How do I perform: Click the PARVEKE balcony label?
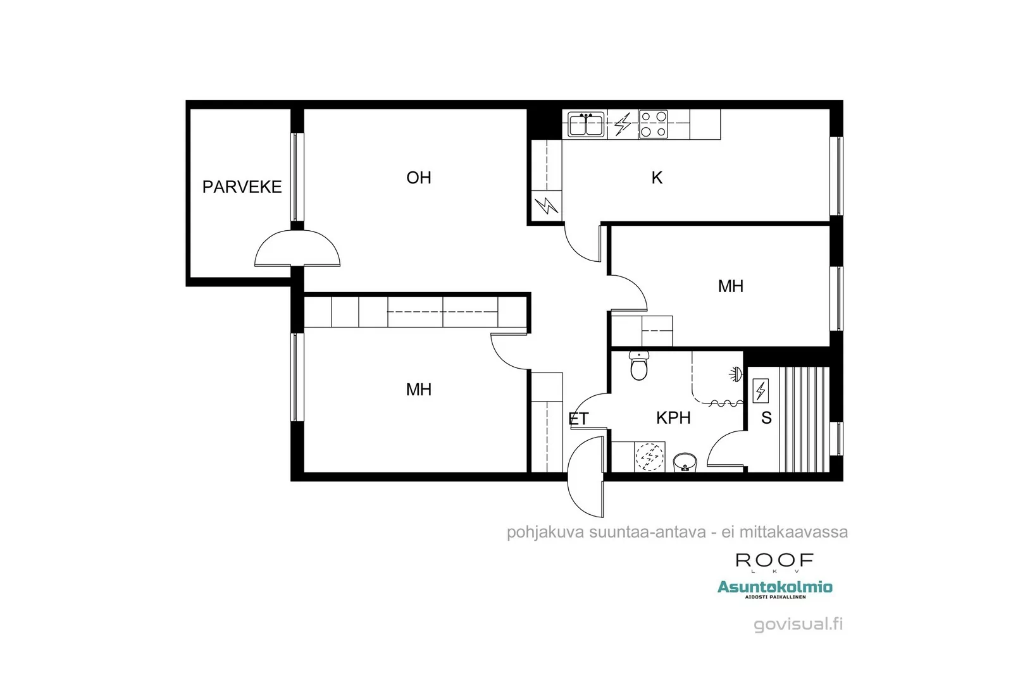[x=242, y=187]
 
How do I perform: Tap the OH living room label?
[x=419, y=178]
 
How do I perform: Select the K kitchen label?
[x=657, y=178]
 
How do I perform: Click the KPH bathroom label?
[x=673, y=418]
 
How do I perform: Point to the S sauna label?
[x=766, y=418]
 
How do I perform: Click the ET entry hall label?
[x=578, y=419]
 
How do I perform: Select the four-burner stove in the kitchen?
[x=653, y=125]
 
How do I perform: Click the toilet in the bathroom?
[x=639, y=366]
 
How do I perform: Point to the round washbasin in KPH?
[x=684, y=462]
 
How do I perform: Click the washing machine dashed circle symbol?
[x=650, y=456]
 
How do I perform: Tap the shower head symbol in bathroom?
[x=734, y=374]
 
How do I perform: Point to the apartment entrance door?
[x=587, y=476]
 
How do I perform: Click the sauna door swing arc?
[x=726, y=451]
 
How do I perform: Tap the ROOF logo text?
[x=774, y=560]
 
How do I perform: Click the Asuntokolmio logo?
[x=774, y=588]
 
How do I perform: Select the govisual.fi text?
[x=798, y=624]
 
